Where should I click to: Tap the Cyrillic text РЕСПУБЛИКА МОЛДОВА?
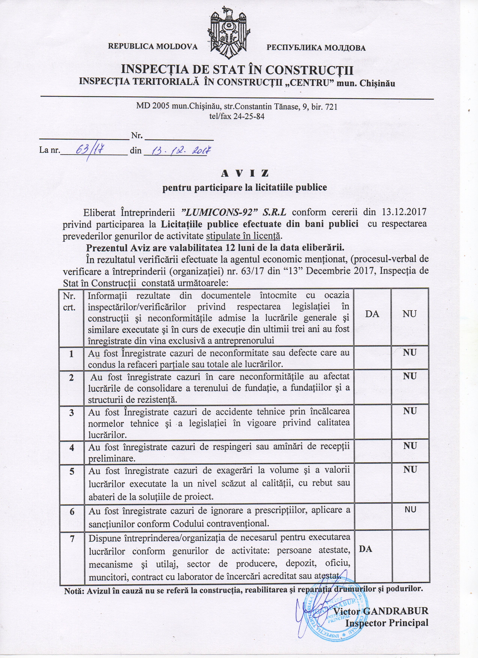point(316,48)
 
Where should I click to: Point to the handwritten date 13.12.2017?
point(177,150)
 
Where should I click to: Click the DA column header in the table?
point(372,314)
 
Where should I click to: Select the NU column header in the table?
point(410,314)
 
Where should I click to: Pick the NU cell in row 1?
point(410,353)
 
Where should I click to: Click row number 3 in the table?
point(71,413)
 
